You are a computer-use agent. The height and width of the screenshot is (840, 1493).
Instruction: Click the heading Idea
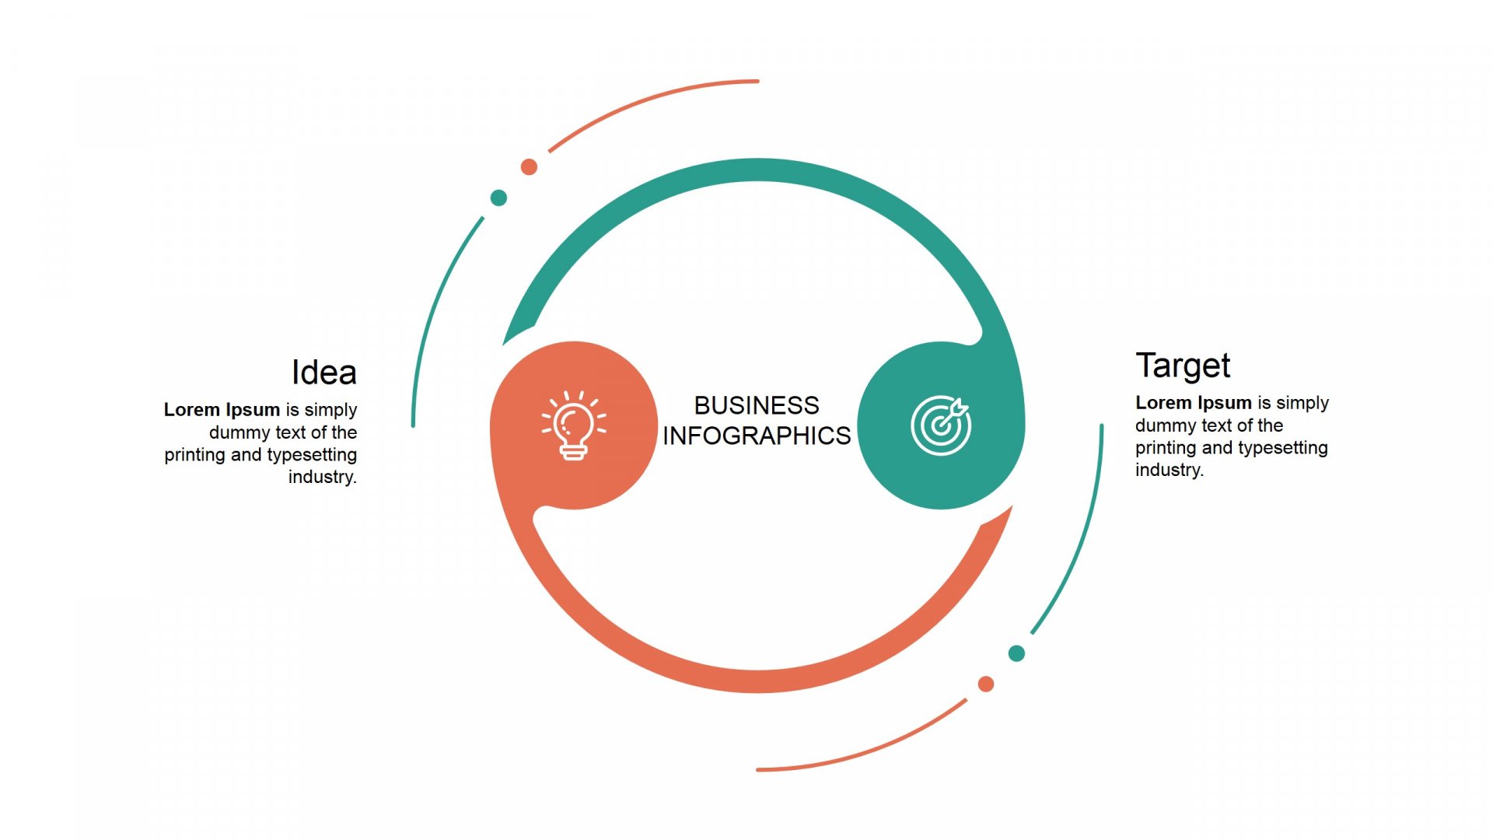(324, 373)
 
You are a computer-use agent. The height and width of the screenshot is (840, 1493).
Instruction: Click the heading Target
(1183, 366)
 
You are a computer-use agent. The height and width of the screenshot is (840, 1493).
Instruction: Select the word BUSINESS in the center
(757, 405)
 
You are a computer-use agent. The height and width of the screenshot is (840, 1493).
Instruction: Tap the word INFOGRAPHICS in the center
(757, 436)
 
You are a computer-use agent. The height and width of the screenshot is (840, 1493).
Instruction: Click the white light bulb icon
(574, 425)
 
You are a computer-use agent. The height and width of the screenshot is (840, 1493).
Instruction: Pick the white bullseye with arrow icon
(941, 425)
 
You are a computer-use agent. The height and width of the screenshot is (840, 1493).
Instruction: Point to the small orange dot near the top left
(529, 166)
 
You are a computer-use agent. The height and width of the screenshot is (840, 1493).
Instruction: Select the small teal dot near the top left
(498, 198)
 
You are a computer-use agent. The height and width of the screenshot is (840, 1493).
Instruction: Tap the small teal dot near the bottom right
(1016, 653)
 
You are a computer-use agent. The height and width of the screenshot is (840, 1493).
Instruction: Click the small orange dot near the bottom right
(986, 684)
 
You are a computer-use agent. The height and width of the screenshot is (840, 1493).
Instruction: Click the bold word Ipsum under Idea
(253, 410)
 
